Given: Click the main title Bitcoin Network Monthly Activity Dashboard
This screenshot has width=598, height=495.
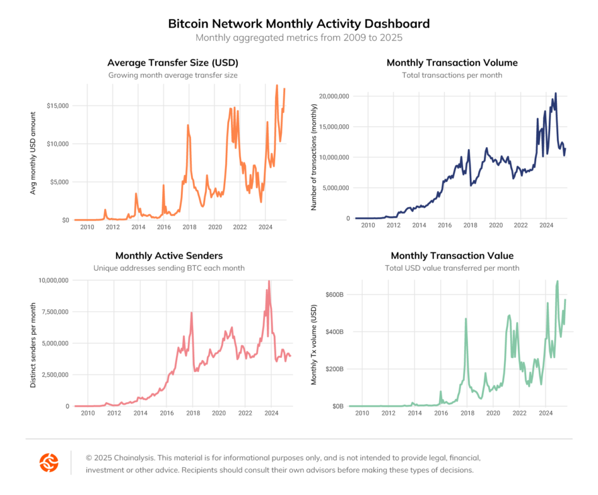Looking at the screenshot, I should [298, 24].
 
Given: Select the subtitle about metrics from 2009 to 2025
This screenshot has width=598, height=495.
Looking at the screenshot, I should [298, 38].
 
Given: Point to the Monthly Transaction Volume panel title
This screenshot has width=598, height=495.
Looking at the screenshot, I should [452, 63].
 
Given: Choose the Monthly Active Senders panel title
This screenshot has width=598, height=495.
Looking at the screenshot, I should [168, 256].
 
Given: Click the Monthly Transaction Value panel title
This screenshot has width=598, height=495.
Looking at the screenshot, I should [452, 256].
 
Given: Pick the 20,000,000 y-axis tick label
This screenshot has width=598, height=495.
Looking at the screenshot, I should [332, 96].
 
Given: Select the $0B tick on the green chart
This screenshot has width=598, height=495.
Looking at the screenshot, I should [337, 406].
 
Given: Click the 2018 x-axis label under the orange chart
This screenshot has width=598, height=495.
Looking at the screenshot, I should [189, 227].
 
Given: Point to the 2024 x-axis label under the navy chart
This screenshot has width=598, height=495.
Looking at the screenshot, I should [546, 225].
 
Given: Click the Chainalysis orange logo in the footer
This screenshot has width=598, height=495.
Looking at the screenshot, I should [49, 463].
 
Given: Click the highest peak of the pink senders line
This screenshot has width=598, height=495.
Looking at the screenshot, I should [269, 282].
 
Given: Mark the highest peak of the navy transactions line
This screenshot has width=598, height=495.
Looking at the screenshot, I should [556, 93].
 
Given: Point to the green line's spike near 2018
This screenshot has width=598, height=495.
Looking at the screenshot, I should [466, 319].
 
